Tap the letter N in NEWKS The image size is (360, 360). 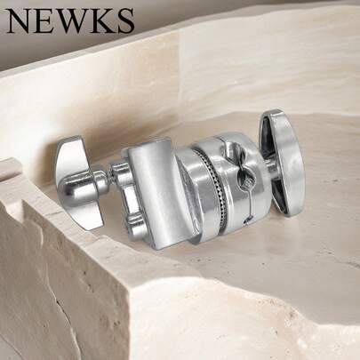20,20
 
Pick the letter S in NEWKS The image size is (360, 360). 124,20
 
